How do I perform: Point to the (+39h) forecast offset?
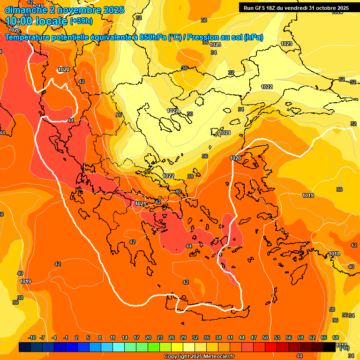pos(81,21)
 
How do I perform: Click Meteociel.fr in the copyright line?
pos(217,357)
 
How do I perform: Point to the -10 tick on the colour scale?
pos(32,338)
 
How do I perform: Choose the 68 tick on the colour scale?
pos(336,338)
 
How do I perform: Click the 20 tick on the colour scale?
pos(148,338)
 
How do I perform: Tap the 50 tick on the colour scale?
pos(265,338)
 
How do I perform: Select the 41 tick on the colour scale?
pos(230,338)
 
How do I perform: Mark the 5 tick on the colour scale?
pos(88,338)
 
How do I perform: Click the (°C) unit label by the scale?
pos(344,348)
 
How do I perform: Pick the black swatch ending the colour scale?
pos(330,347)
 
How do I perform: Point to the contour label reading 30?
pos(190,114)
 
